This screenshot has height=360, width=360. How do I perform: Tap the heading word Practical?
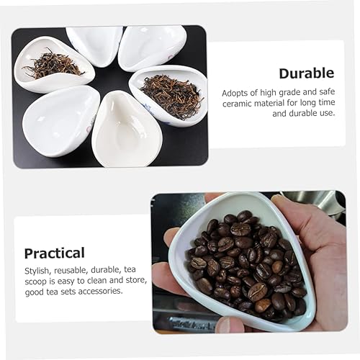(x=54, y=253)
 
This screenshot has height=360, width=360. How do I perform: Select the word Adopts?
(x=238, y=91)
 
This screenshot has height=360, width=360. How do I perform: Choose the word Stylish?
(x=37, y=269)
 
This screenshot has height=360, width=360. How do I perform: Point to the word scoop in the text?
(x=36, y=280)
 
